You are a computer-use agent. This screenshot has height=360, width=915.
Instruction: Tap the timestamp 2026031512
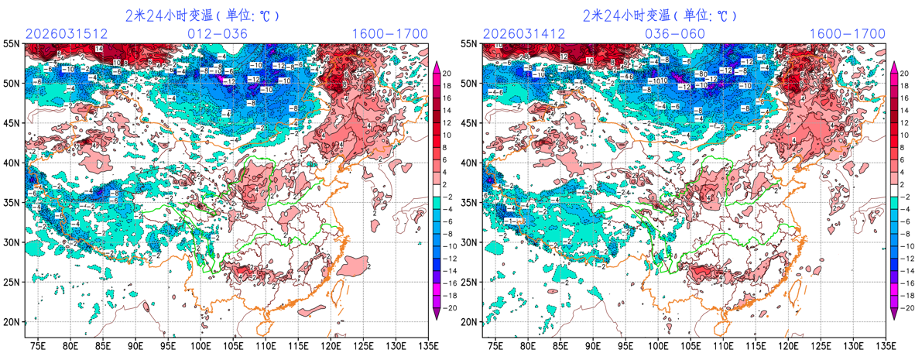(66, 33)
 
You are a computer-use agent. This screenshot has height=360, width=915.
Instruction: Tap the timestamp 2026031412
(524, 33)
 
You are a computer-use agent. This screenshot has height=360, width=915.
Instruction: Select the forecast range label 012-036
(218, 33)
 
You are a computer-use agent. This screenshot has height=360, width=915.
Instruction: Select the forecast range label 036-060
(675, 33)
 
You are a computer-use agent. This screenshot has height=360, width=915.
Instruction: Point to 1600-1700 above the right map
(848, 33)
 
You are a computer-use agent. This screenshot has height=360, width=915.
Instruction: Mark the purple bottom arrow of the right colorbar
(894, 313)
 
